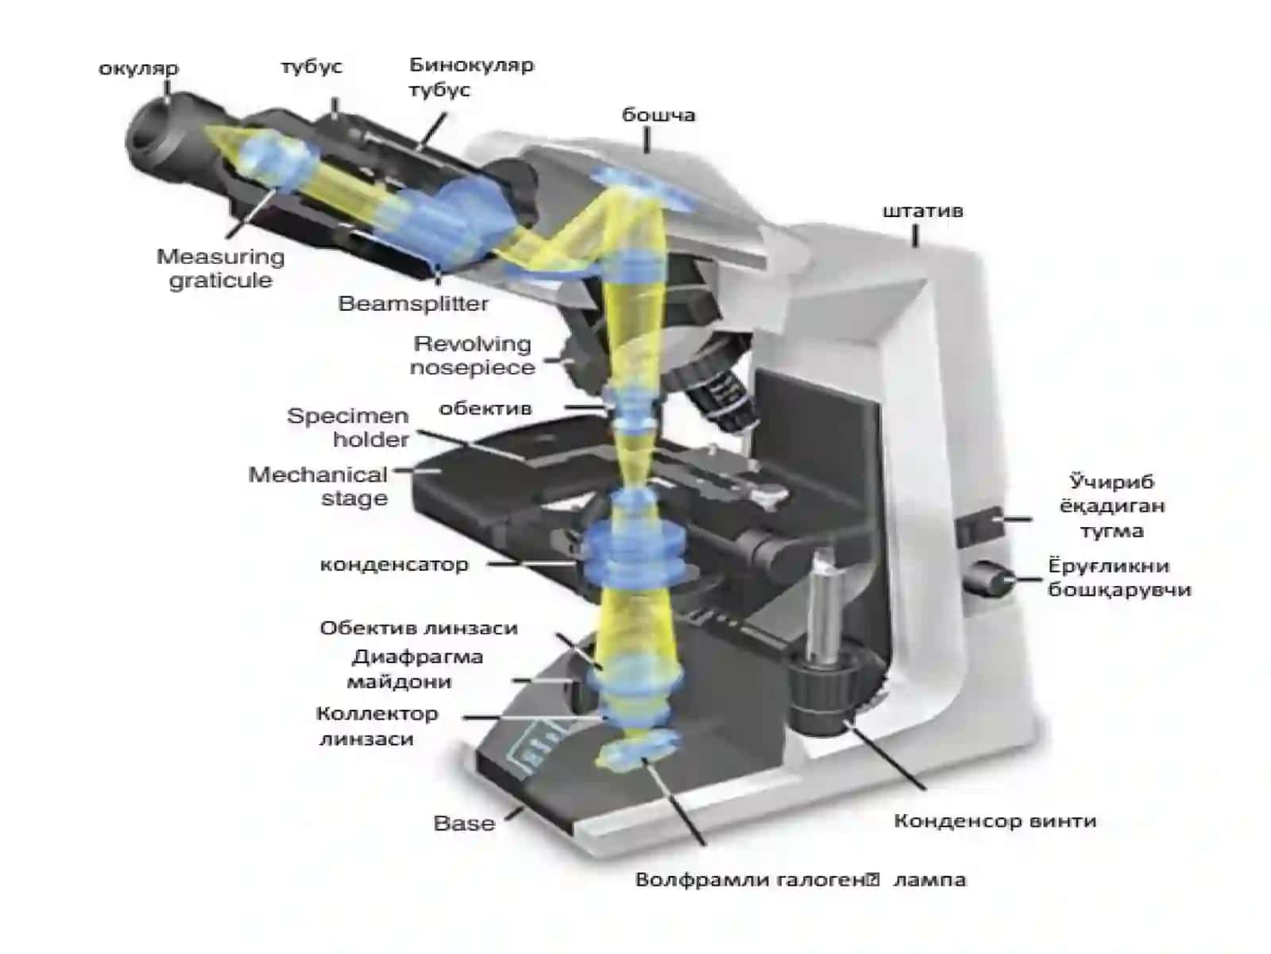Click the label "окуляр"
click(138, 69)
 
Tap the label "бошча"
click(659, 114)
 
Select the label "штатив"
click(922, 211)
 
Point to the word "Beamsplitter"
click(413, 304)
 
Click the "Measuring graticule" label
click(221, 269)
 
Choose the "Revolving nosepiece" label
click(472, 355)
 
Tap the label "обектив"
click(485, 409)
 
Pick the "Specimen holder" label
click(348, 428)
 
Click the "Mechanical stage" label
click(318, 487)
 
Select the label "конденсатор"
click(394, 564)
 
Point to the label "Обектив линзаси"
click(419, 628)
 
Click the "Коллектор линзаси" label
click(377, 726)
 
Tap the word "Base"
click(465, 823)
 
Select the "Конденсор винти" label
click(995, 820)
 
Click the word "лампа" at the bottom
click(930, 880)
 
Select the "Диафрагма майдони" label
click(417, 669)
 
